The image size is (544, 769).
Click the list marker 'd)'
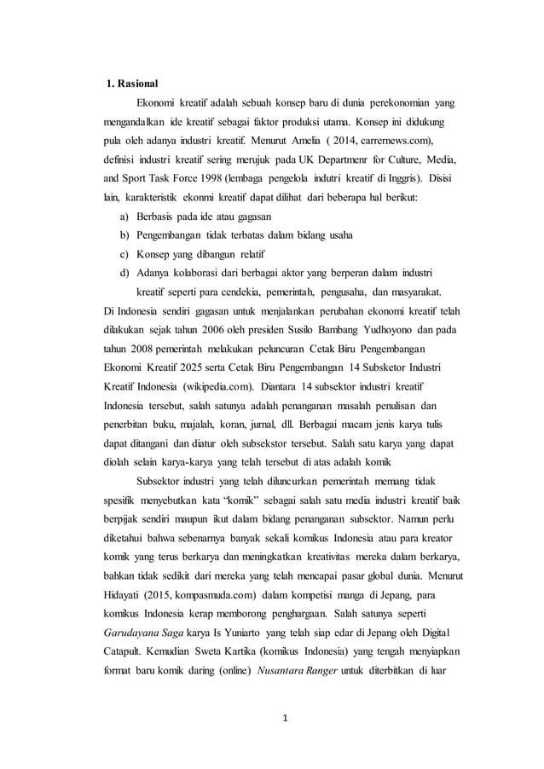pyautogui.click(x=124, y=273)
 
